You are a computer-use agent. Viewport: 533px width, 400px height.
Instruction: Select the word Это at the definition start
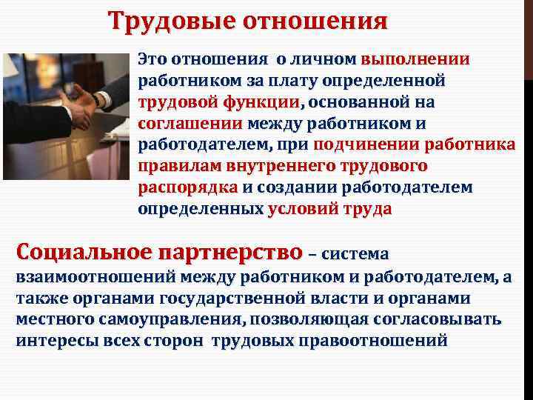[153, 59]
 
